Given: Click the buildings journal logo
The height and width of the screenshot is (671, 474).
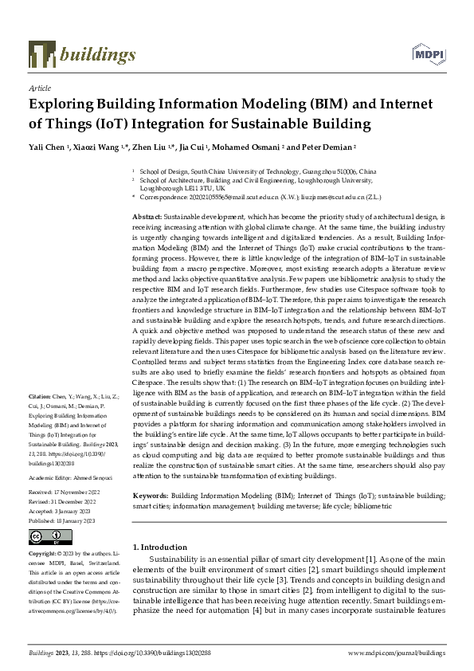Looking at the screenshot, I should pyautogui.click(x=82, y=54).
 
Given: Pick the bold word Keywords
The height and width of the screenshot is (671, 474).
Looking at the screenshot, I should pyautogui.click(x=150, y=496).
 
